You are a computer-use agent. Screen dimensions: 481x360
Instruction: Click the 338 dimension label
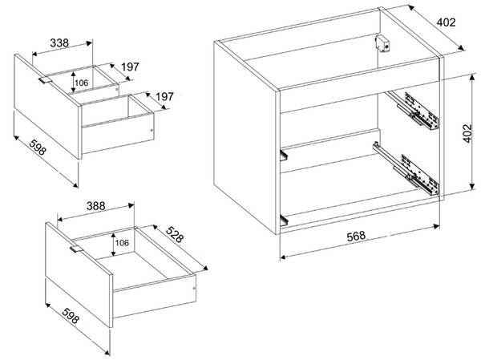[59, 42]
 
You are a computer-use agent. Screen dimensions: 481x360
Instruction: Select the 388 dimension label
[95, 205]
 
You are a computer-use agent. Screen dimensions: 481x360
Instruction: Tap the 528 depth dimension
[175, 234]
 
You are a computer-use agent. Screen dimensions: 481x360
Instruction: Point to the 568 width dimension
[356, 236]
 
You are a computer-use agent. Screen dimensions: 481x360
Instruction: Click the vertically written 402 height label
[467, 133]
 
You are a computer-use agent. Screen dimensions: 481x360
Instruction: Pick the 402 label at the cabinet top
[447, 22]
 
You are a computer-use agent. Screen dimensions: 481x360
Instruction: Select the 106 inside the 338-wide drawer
[82, 83]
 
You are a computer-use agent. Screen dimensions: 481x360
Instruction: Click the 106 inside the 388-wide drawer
[122, 243]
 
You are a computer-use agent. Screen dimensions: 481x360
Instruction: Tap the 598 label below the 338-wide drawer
[38, 147]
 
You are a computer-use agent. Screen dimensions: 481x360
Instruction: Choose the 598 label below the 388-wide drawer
[71, 315]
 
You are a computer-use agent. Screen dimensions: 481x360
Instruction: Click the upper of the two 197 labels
[130, 67]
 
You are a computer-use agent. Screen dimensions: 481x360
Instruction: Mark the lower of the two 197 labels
[164, 97]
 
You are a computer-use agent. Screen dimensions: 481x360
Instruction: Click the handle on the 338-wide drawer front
[45, 80]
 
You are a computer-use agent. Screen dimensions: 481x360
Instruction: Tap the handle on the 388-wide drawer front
[76, 249]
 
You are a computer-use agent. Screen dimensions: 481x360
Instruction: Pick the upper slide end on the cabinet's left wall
[284, 154]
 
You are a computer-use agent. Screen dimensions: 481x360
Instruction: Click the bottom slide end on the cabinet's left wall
[284, 220]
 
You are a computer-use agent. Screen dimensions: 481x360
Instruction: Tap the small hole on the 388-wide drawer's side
[193, 289]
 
